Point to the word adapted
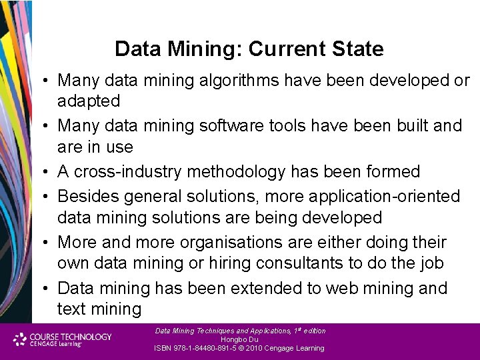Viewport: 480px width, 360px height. coord(89,101)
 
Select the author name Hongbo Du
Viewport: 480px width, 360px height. coord(239,339)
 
